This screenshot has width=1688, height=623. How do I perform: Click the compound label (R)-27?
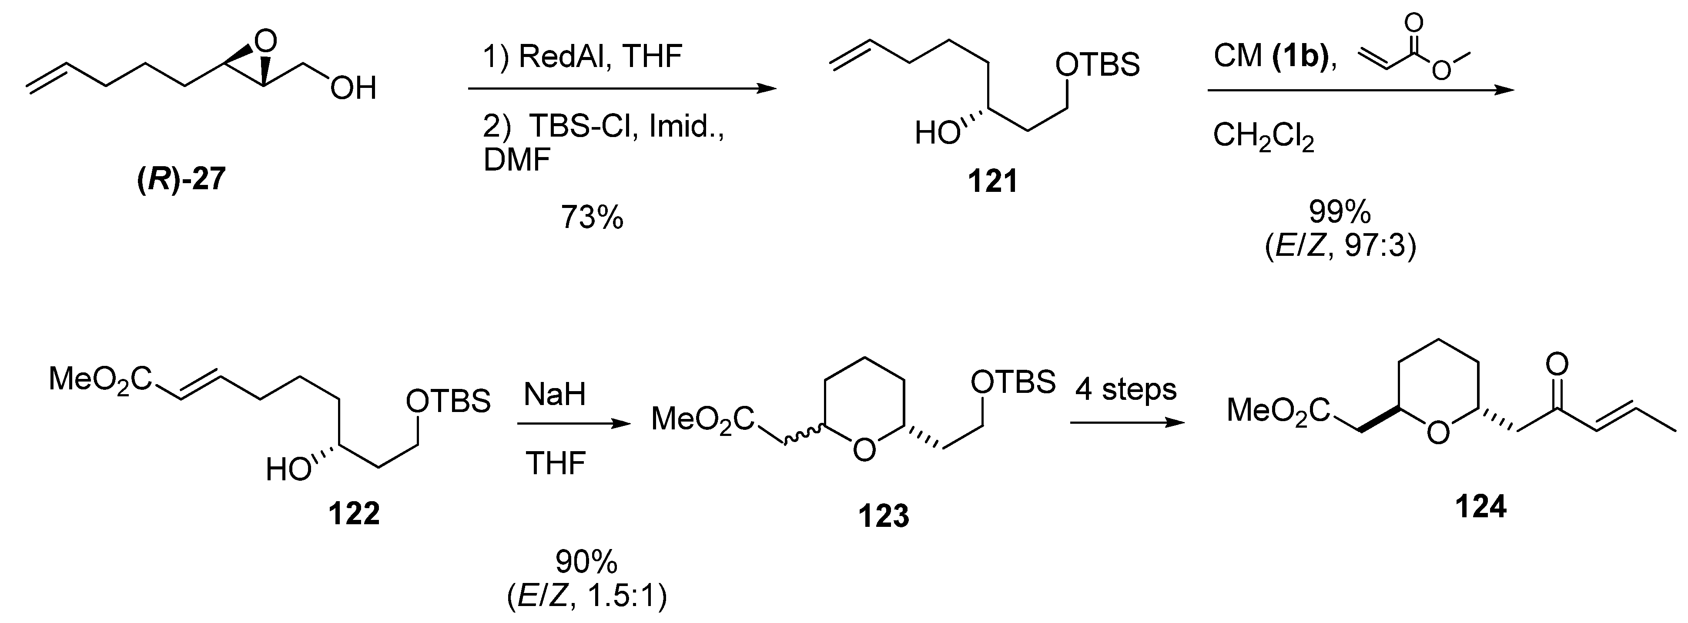tap(181, 179)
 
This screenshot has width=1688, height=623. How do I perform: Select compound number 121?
tap(993, 181)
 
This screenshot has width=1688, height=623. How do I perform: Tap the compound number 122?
tap(354, 514)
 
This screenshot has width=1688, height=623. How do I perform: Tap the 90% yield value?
tap(586, 562)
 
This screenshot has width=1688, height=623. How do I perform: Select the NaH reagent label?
tap(554, 395)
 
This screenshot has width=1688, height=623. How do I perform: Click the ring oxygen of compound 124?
tap(1438, 433)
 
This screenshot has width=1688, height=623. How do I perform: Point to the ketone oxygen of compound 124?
tap(1557, 362)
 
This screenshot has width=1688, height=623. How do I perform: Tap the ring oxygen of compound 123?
tap(864, 449)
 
